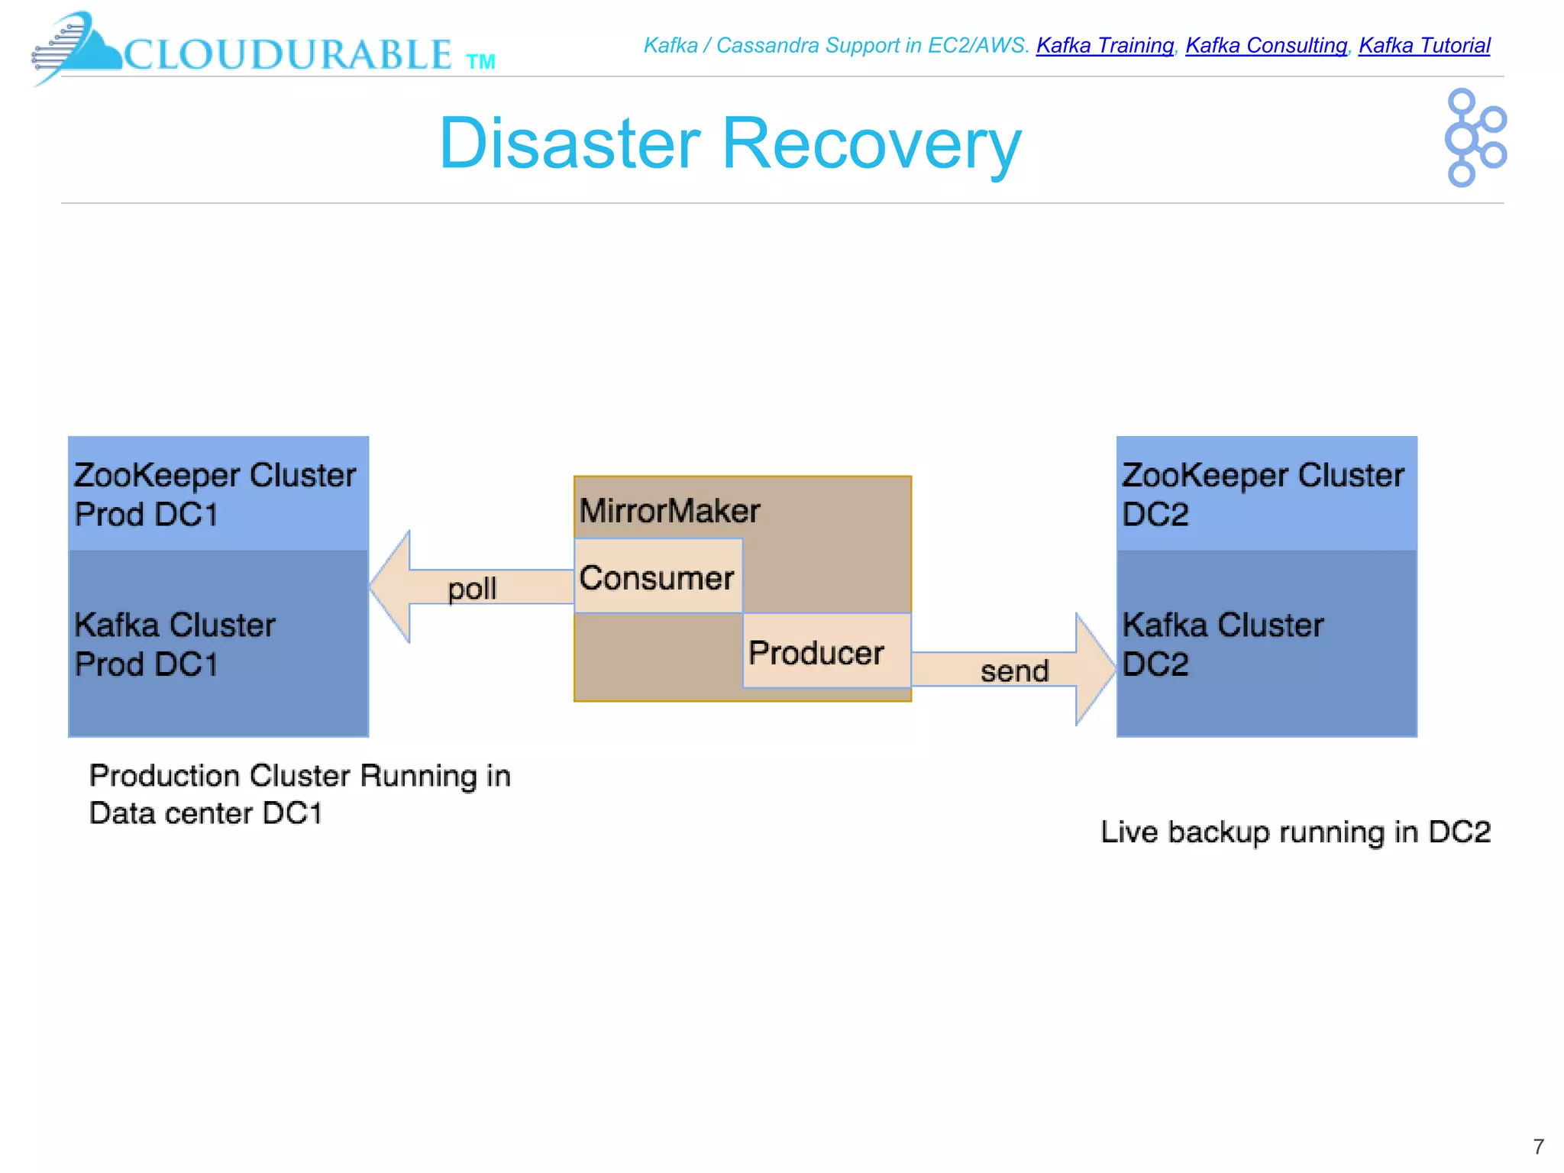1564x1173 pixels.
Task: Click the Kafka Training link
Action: [1104, 46]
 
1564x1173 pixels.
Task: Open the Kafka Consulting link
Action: [1265, 46]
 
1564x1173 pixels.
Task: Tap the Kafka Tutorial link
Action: [1423, 46]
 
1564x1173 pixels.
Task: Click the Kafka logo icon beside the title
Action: [1474, 138]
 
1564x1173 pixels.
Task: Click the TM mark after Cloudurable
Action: [480, 62]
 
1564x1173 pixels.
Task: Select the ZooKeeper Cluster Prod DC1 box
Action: [218, 494]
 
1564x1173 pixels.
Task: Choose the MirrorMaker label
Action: [669, 510]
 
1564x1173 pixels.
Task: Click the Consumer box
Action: [658, 577]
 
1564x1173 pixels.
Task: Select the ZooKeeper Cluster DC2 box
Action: [1265, 494]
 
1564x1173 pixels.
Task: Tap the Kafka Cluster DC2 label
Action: [1222, 644]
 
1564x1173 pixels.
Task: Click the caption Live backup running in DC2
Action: [1294, 832]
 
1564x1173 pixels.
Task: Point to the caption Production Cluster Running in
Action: [299, 776]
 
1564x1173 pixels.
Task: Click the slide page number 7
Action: [1538, 1146]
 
